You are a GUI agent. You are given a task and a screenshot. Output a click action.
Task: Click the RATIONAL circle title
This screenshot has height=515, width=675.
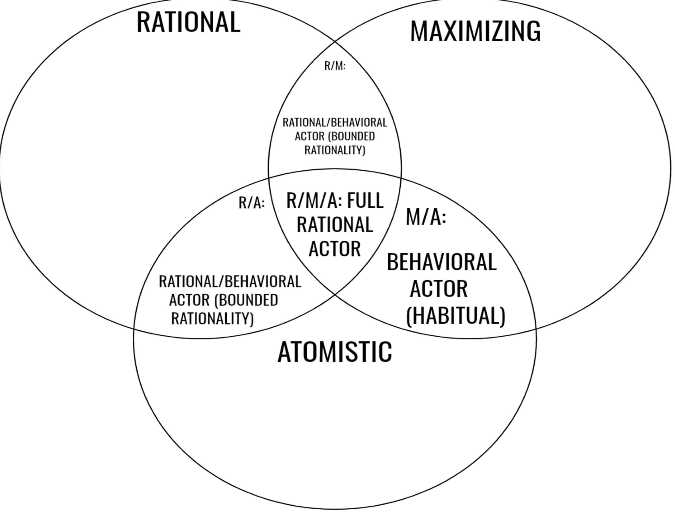[188, 22]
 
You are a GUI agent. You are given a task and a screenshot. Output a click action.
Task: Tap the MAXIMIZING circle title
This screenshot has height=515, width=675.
[475, 31]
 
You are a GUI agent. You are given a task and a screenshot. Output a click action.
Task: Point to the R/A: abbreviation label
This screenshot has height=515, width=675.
[252, 203]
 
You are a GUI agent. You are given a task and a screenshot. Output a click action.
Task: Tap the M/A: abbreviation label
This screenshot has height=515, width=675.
[426, 216]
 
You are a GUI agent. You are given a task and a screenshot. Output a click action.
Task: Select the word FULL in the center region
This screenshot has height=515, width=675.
[365, 201]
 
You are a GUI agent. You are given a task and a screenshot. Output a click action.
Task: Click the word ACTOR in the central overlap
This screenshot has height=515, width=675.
[334, 249]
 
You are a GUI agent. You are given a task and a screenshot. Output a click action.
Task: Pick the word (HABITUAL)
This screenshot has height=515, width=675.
[456, 316]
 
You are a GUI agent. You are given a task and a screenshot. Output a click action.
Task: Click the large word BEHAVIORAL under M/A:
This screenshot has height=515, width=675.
[441, 262]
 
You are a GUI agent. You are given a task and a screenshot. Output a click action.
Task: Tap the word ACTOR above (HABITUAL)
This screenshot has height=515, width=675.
[439, 289]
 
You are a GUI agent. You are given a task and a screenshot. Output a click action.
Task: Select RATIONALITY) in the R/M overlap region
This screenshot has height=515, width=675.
[334, 150]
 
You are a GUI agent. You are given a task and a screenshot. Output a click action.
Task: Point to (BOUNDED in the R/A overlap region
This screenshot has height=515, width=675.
[246, 300]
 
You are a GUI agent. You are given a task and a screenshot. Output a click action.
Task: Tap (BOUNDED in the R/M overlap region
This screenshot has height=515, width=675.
[351, 136]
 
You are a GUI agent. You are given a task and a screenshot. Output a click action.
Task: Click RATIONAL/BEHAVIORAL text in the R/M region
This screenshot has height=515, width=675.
[334, 123]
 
